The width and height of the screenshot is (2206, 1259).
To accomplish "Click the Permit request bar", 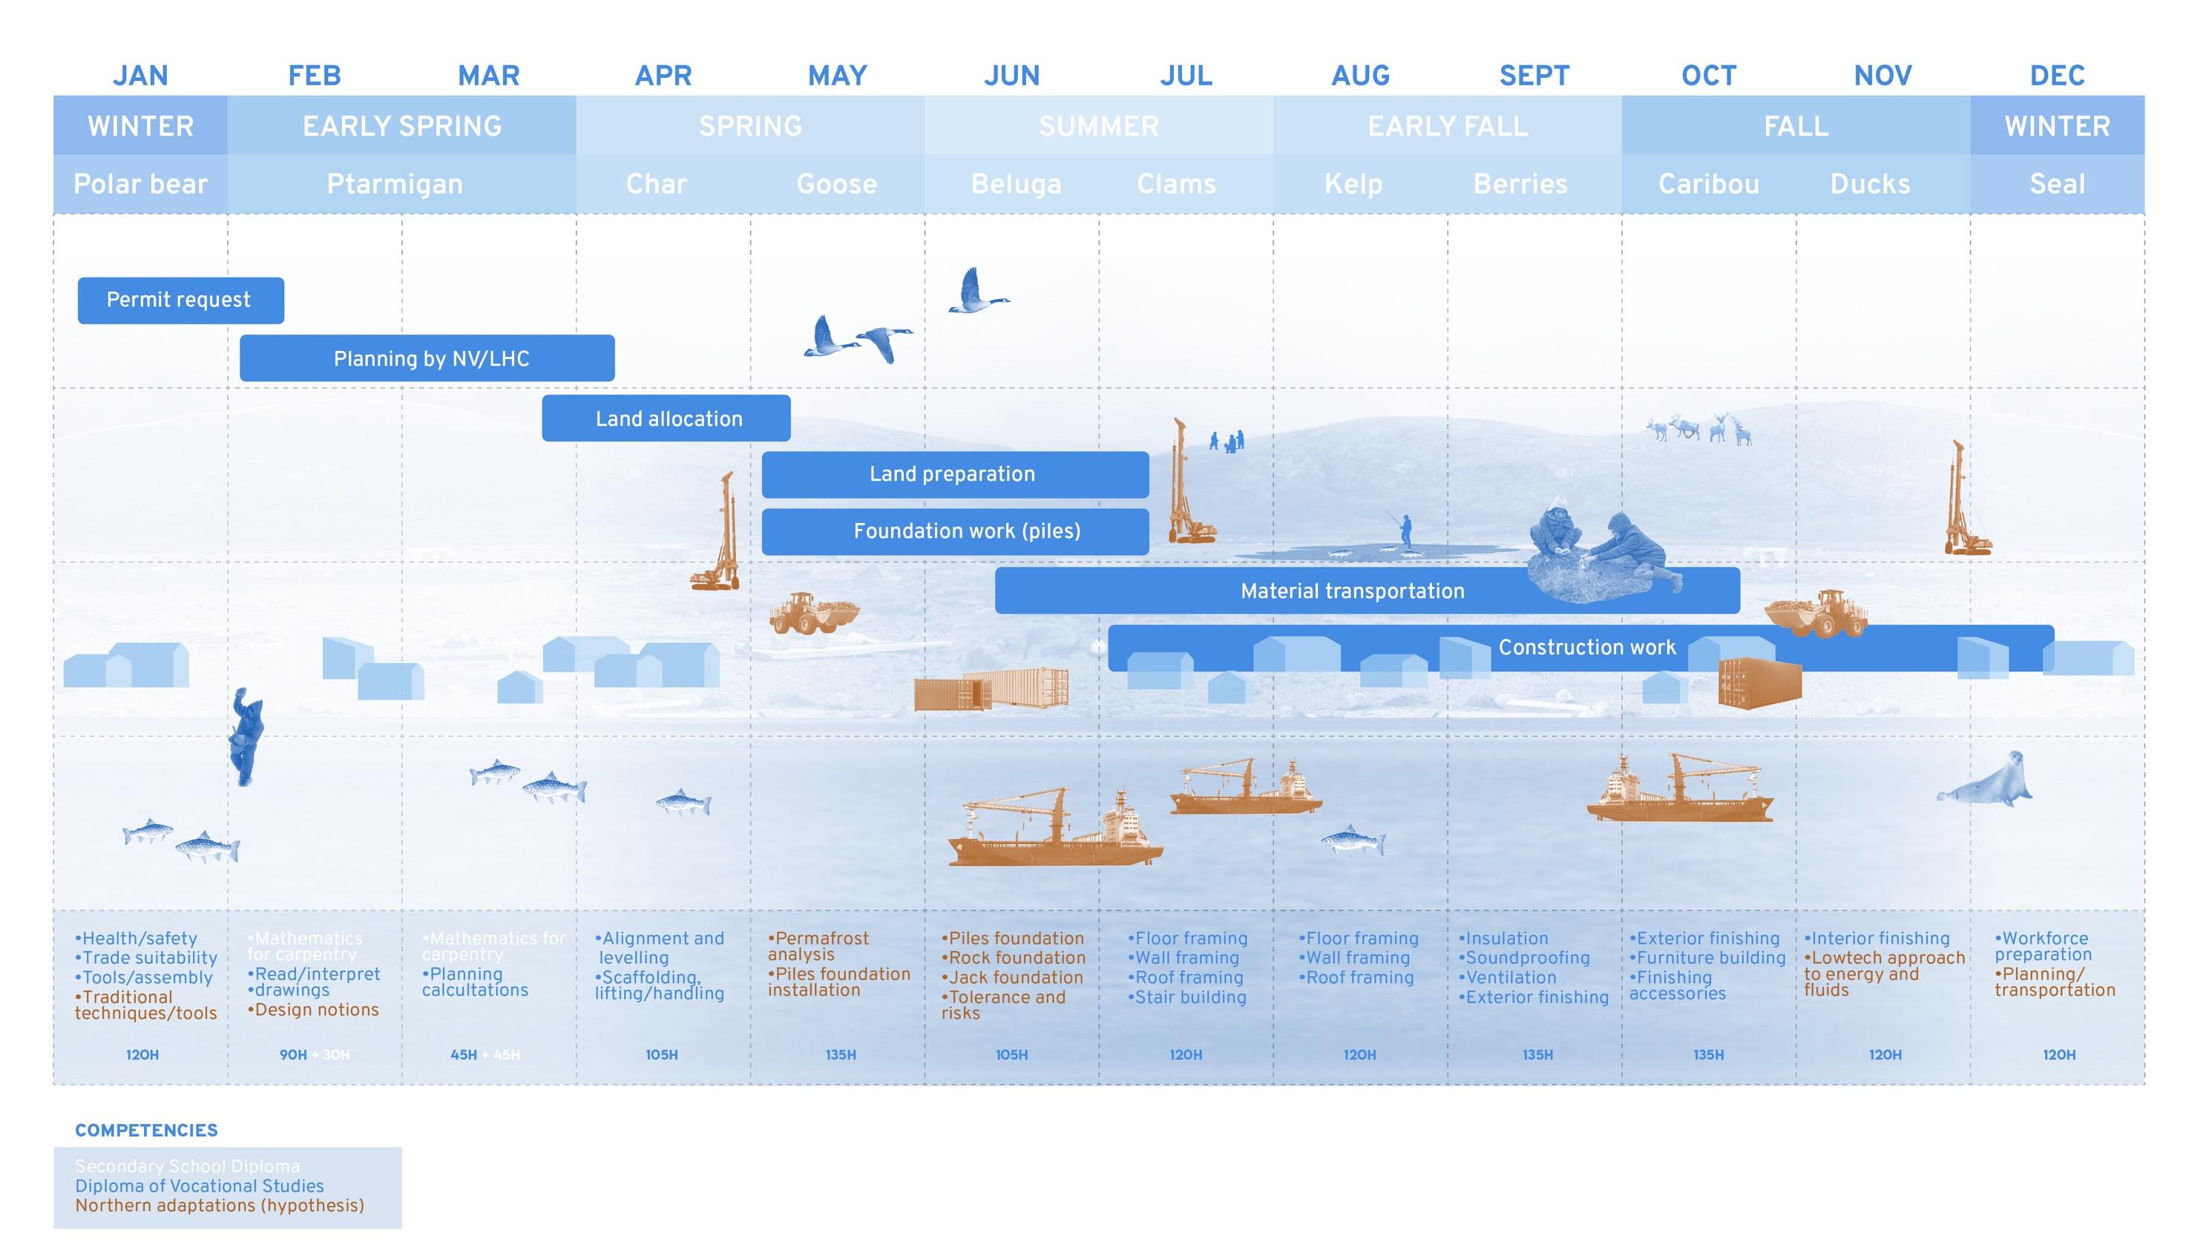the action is pos(180,300).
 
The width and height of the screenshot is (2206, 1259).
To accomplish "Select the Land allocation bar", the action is pos(666,418).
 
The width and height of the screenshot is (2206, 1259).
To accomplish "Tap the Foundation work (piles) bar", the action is pos(955,531).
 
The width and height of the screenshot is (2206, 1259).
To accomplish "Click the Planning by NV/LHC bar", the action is pos(427,358).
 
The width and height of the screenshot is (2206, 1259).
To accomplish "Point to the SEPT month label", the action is pos(1533,76).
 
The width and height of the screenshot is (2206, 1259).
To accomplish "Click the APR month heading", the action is pos(663,76).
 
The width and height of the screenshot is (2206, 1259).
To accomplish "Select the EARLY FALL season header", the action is pos(1447,126).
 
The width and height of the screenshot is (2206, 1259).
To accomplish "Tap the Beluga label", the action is pos(1015,184).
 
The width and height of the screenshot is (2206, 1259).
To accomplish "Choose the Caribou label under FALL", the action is pos(1708,184).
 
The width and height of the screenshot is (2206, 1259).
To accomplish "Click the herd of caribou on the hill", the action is pos(1700,428).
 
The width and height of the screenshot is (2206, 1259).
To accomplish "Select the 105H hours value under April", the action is pos(662,1055).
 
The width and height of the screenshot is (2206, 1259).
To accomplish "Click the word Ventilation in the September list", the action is pos(1511,977).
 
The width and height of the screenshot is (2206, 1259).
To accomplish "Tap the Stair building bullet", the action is pos(1187,997).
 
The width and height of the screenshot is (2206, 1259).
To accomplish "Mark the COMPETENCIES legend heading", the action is pos(146,1130).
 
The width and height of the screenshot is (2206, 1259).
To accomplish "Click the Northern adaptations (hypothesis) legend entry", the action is pos(220,1206).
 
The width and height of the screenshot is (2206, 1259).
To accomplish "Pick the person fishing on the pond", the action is pos(1405,529).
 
